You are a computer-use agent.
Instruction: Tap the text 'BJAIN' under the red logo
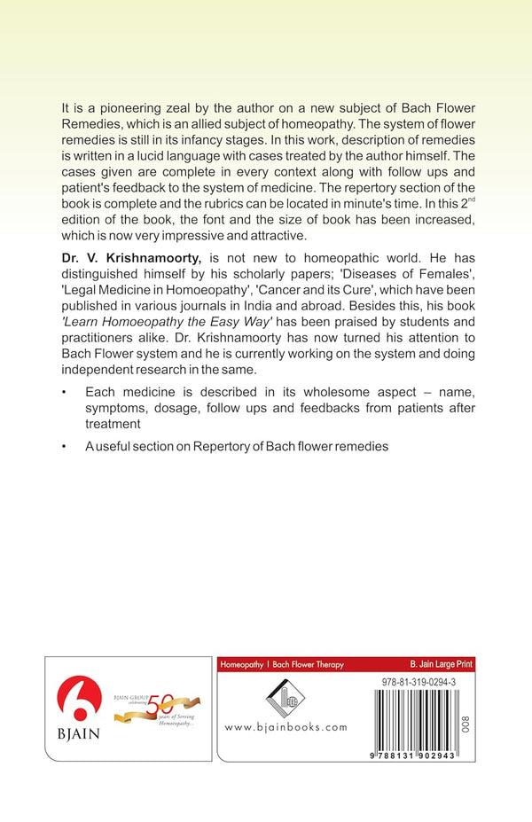tap(78, 735)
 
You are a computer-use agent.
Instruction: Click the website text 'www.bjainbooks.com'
tap(286, 727)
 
